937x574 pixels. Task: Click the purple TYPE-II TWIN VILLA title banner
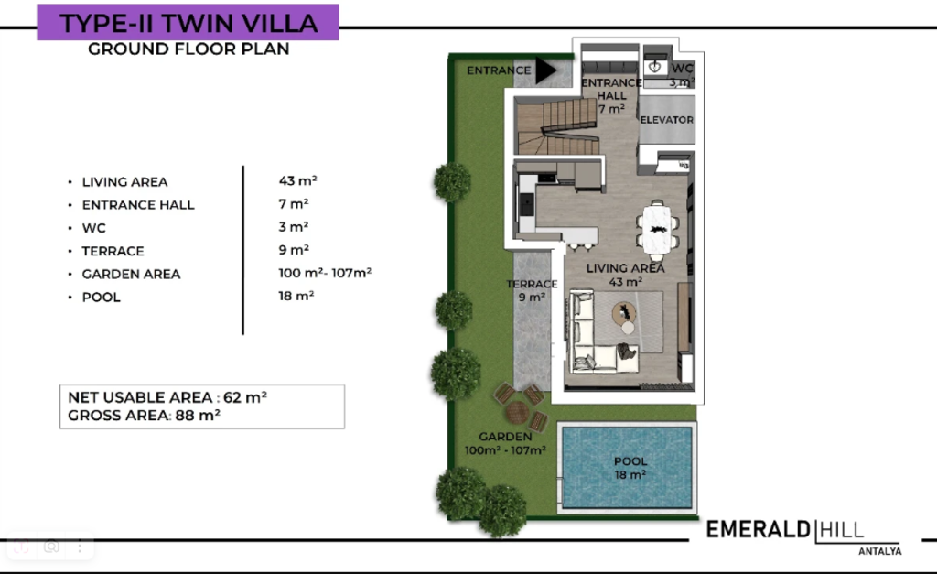coord(188,23)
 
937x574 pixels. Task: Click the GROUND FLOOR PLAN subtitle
coord(188,49)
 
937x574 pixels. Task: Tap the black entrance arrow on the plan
coord(545,70)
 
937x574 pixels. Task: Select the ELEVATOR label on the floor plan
coord(667,120)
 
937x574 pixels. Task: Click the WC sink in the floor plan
coord(655,66)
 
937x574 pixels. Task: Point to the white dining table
coord(657,230)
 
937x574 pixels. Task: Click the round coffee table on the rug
coord(624,314)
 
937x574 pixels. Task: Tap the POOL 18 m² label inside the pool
coord(630,468)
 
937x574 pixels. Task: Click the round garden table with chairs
coord(518,411)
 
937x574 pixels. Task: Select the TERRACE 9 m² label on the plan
coord(532,290)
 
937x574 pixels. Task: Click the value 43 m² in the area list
coord(297,180)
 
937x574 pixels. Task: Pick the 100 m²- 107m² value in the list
coord(325,273)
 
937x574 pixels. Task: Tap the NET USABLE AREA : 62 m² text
coord(167,397)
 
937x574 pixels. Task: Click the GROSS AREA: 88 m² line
coord(144,416)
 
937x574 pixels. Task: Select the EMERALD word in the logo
coord(759,530)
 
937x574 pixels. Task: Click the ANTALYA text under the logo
coord(879,551)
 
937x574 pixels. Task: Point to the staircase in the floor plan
coord(557,127)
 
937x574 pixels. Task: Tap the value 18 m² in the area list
coord(296,296)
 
